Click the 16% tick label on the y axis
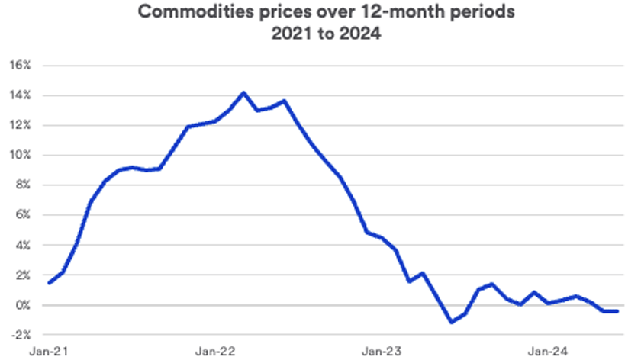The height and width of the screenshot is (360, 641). coord(20,65)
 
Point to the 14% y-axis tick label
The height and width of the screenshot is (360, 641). coord(20,95)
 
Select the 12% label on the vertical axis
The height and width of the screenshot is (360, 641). coord(20,125)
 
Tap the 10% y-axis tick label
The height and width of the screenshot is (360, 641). coord(20,156)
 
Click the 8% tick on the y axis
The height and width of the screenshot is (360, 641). coord(23,185)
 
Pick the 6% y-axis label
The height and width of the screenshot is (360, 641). coord(23,215)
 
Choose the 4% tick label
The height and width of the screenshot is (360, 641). coord(23,246)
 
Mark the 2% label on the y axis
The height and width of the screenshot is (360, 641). coord(23,275)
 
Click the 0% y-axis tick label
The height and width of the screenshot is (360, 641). coord(23,305)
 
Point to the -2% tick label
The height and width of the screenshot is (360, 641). coord(21,336)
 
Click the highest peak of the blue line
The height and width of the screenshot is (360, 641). coord(243,93)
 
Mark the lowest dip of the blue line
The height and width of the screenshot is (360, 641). coord(452,322)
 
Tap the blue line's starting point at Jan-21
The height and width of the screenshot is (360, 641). coord(50,283)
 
